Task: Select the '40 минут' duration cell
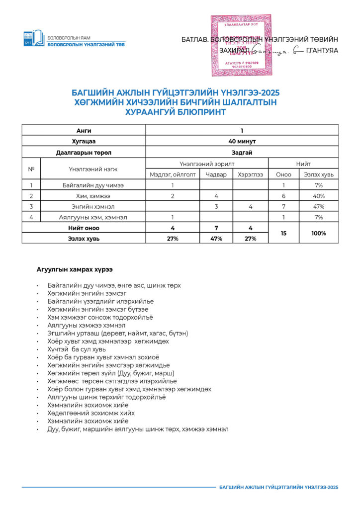click(242, 142)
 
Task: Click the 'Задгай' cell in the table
click(242, 153)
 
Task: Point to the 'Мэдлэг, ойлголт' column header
click(173, 174)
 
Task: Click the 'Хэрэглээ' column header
click(251, 174)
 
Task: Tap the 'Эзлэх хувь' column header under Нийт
click(319, 174)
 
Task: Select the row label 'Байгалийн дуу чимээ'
click(93, 185)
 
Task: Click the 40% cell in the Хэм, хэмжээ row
click(319, 196)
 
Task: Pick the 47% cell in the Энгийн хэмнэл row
click(319, 206)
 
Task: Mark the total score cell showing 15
click(284, 233)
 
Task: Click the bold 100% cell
click(319, 233)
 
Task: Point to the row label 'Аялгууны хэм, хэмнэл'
click(93, 217)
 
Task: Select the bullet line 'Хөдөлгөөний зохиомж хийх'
click(91, 413)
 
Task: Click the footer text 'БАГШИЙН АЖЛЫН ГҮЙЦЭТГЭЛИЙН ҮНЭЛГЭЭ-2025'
click(278, 487)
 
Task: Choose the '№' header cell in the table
click(31, 169)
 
